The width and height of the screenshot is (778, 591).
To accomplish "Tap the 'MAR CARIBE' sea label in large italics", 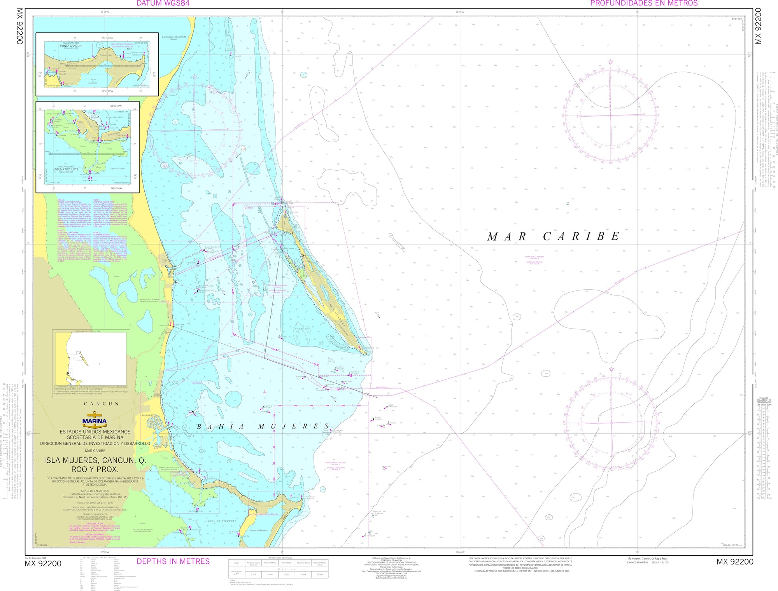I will click(x=553, y=236).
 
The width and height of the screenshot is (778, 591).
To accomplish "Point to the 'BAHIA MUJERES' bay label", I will click(x=263, y=427).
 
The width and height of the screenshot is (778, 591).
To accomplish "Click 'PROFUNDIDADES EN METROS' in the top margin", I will click(x=644, y=3).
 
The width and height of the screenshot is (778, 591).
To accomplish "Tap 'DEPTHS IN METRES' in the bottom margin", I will click(x=173, y=561).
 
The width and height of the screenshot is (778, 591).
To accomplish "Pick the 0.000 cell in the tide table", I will click(x=320, y=574).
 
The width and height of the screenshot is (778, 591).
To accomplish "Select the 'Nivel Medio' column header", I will click(x=287, y=563).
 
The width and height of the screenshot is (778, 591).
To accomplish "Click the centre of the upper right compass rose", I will click(x=611, y=115).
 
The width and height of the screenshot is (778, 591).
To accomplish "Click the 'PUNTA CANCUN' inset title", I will click(x=71, y=45).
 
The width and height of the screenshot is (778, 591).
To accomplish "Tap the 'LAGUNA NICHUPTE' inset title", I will click(x=68, y=169).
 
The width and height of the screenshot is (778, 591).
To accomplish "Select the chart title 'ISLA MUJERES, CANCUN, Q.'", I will click(x=95, y=460).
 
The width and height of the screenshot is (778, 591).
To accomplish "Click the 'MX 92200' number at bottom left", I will click(x=43, y=564).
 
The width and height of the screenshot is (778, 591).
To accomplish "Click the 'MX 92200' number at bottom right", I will click(x=735, y=562).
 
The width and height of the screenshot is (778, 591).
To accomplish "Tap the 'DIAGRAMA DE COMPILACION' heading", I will click(x=87, y=331).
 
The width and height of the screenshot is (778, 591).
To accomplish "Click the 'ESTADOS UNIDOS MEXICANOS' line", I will click(x=95, y=432).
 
